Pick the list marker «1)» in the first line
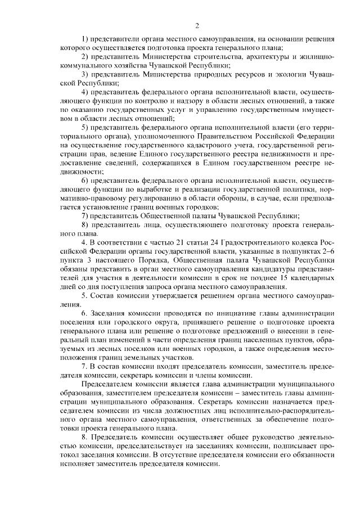point(85,40)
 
